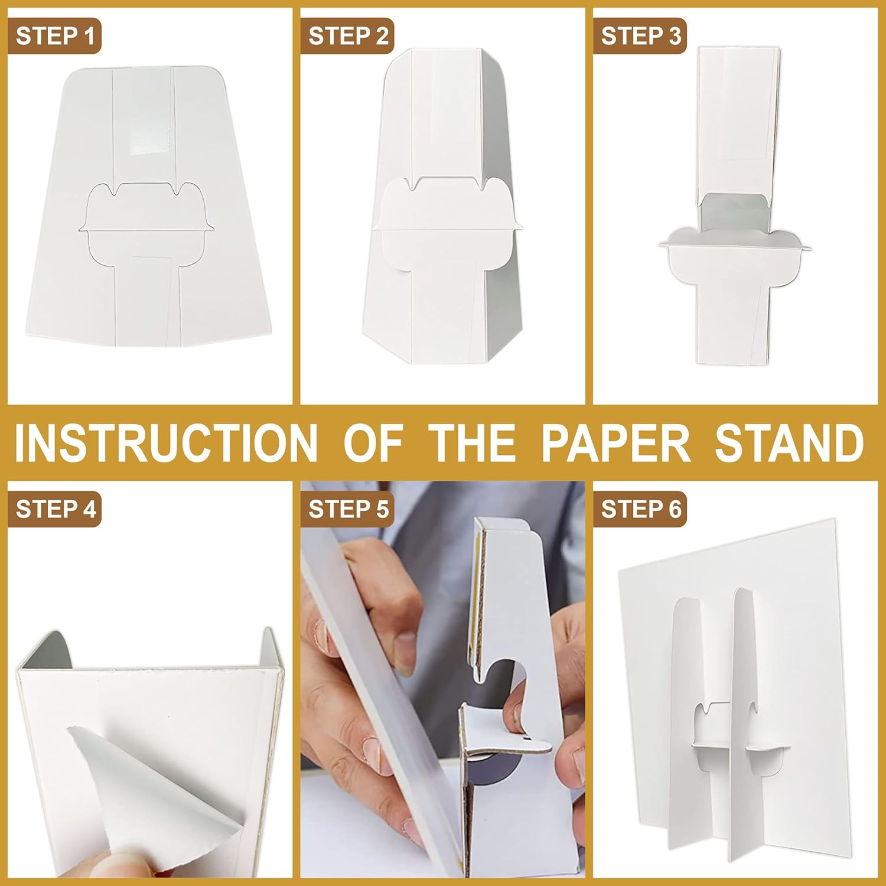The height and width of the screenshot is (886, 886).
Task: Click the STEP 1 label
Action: [54, 36]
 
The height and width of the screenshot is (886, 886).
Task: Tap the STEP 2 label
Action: [348, 36]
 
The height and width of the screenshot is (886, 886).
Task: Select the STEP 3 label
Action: [641, 36]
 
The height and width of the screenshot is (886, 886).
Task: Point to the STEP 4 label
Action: [55, 509]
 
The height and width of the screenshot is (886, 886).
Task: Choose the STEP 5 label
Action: [348, 509]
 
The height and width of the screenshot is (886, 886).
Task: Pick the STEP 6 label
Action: [641, 509]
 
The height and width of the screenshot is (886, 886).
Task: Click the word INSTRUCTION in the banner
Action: [166, 442]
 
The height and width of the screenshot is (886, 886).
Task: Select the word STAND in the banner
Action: [790, 442]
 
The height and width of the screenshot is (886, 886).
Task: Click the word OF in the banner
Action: [373, 442]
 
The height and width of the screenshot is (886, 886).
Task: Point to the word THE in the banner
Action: [472, 442]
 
